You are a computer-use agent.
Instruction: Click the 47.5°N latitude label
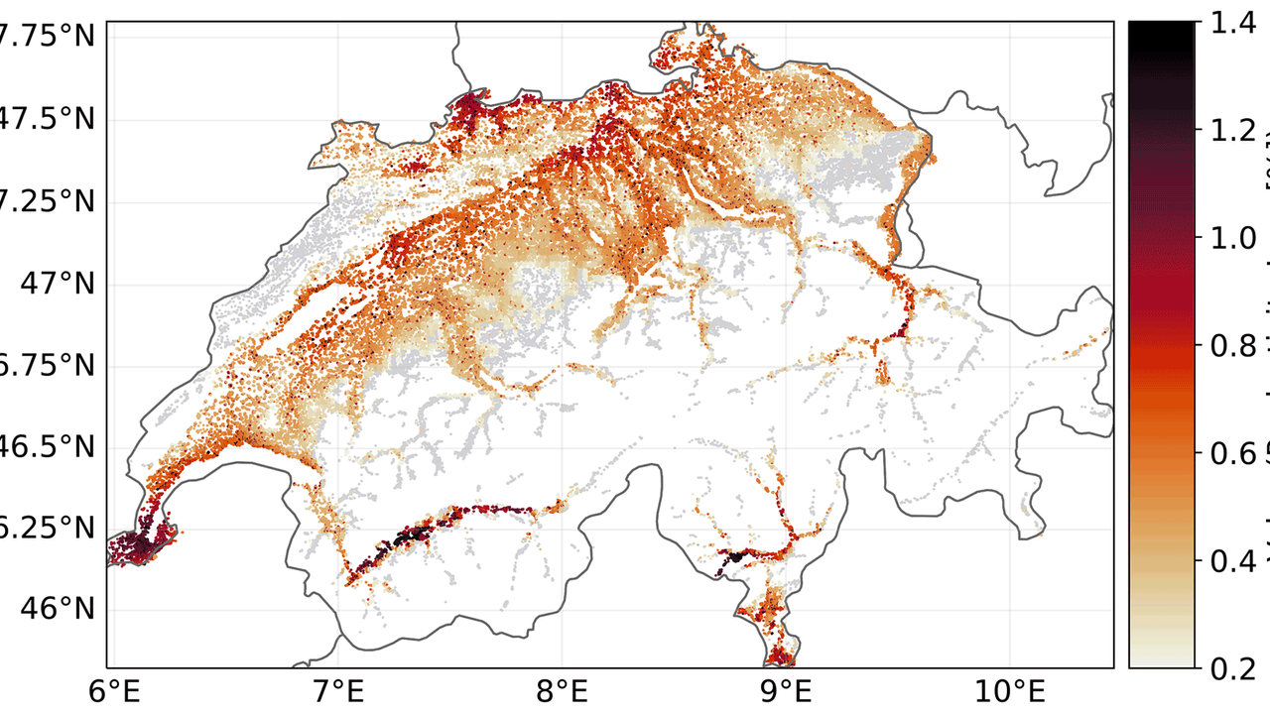(x=50, y=122)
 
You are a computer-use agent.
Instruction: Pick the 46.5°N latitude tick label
(x=50, y=447)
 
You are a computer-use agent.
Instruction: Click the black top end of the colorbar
(x=1161, y=30)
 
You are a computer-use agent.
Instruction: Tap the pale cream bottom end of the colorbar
(x=1161, y=659)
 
